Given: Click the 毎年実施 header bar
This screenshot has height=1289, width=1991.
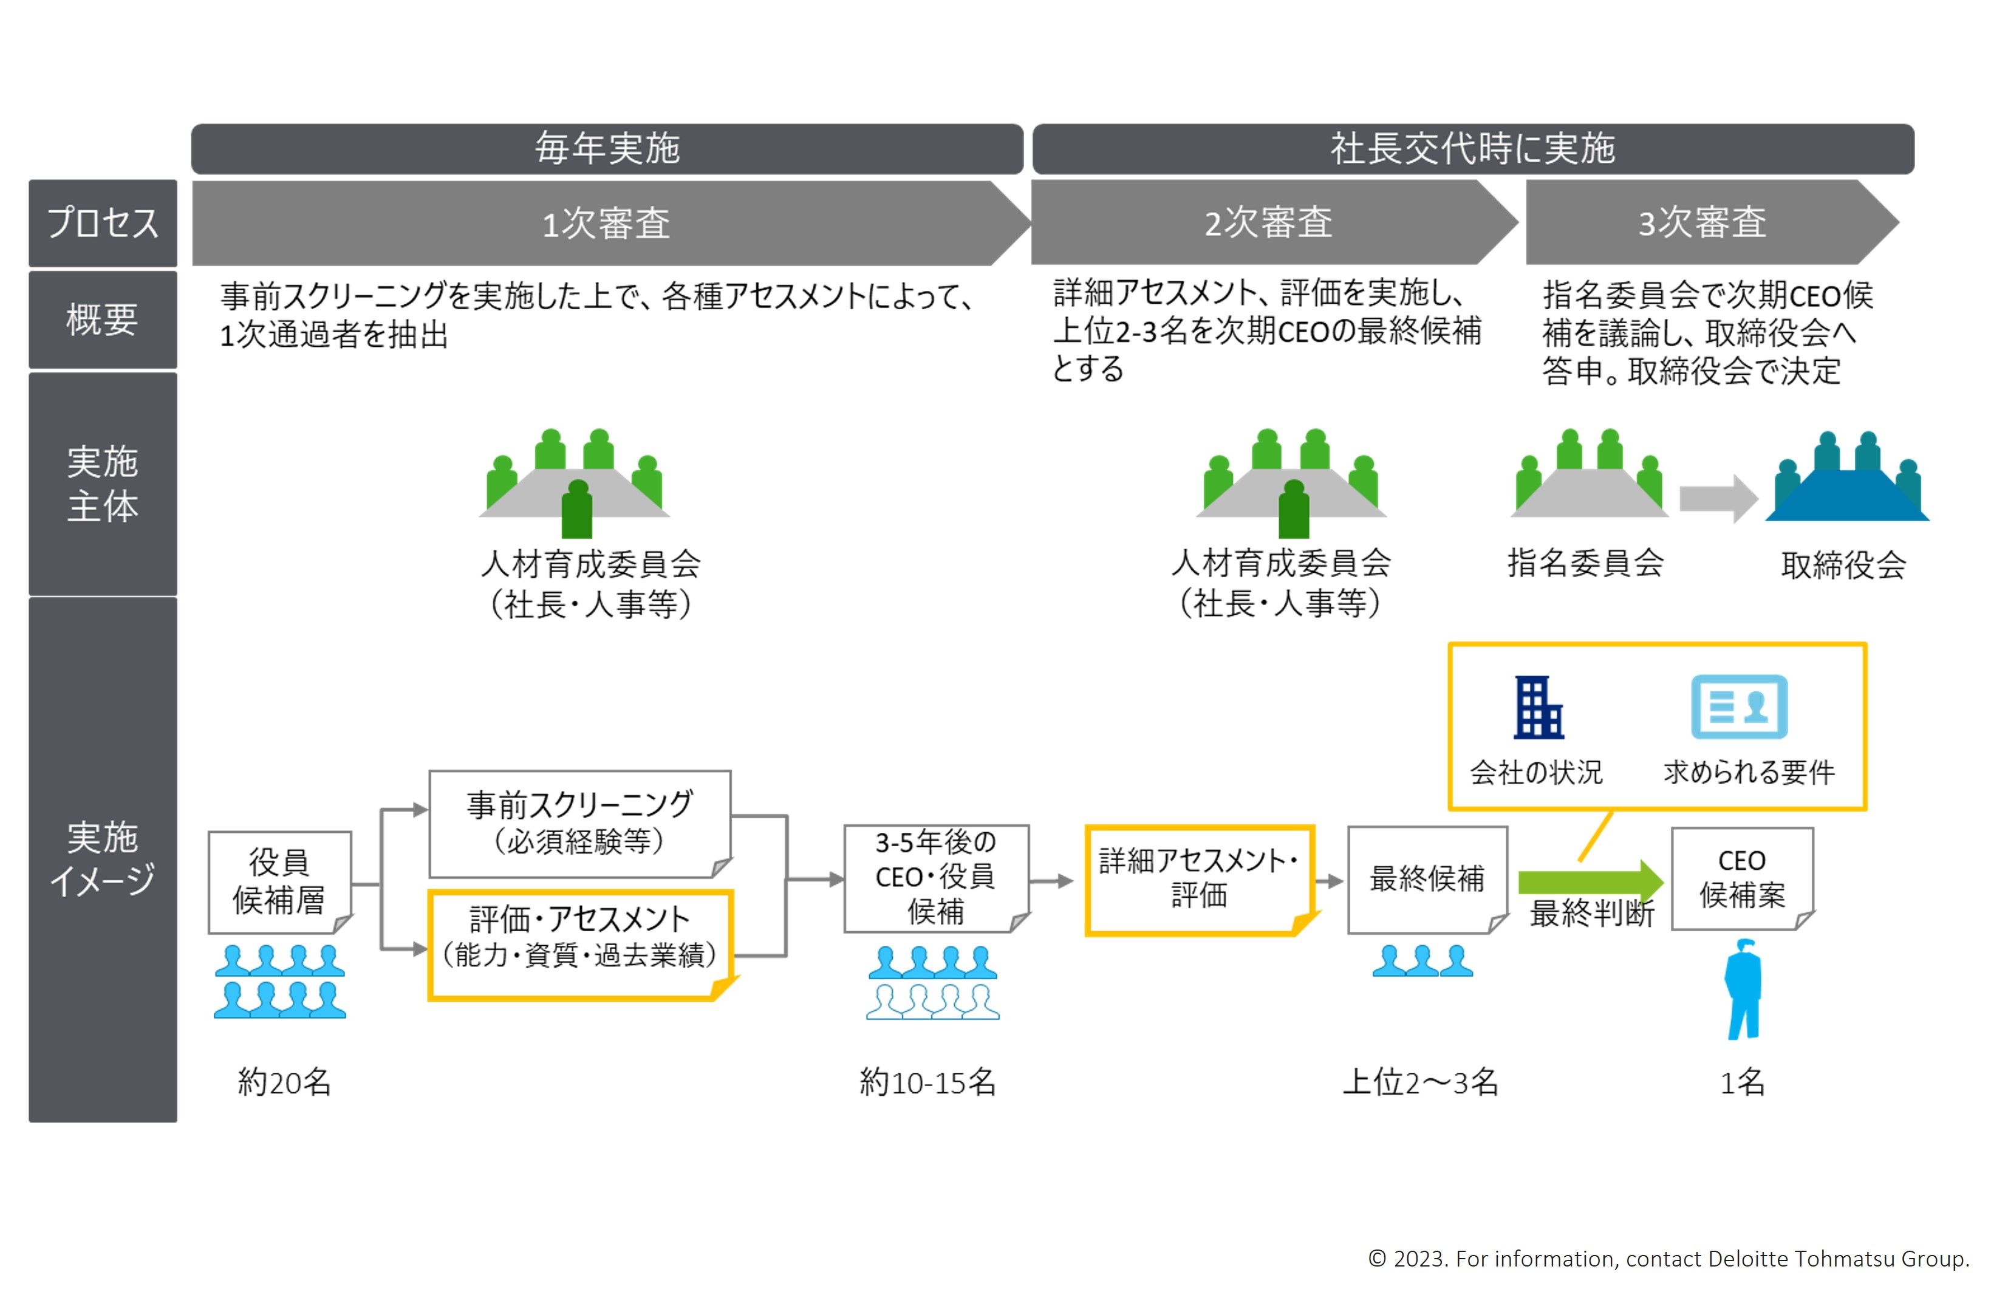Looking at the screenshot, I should [x=607, y=149].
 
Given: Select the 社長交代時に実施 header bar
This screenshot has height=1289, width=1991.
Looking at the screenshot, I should [x=1472, y=149].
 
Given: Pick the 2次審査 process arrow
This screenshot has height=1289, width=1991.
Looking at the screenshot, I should [x=1268, y=222].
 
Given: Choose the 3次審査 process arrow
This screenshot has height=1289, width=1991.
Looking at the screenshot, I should [x=1702, y=222].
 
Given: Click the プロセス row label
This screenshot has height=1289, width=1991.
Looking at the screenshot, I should [x=103, y=222].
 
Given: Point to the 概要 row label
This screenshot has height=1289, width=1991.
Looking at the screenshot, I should [x=103, y=320].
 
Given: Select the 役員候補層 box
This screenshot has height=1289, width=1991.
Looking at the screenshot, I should [x=279, y=881].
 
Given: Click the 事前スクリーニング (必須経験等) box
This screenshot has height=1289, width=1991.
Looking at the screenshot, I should [x=579, y=822].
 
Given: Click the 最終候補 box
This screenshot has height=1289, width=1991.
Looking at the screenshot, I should [x=1426, y=879].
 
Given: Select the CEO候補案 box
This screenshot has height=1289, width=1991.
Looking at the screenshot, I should [x=1742, y=878].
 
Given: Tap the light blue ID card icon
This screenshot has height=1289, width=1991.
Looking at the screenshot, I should [x=1738, y=707].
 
